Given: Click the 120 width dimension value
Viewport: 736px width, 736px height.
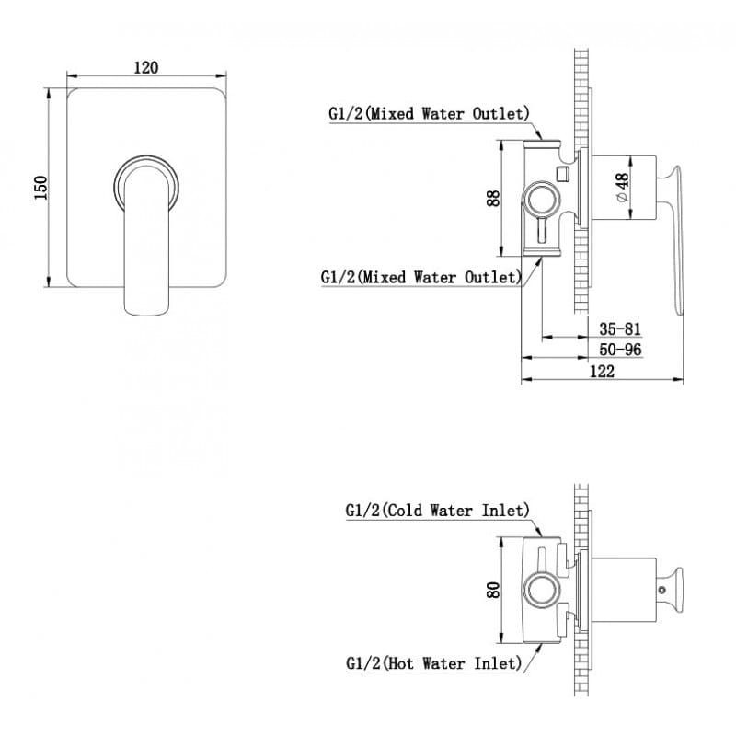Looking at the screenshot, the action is coord(146,67).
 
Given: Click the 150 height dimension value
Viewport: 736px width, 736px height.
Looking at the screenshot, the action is coord(40,188).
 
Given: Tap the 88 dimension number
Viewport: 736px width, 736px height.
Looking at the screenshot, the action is coord(493,198).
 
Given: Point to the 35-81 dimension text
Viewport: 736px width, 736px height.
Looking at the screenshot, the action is coord(619,328).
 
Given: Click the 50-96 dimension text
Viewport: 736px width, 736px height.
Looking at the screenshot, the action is coord(620,350).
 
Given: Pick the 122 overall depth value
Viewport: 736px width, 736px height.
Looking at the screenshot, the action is coord(602,372).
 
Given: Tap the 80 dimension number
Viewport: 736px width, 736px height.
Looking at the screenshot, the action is coord(493,590).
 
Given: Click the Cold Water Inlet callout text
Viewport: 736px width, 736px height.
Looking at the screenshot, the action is coord(438,511).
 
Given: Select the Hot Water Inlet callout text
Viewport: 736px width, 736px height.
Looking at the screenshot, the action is coord(433,663).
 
